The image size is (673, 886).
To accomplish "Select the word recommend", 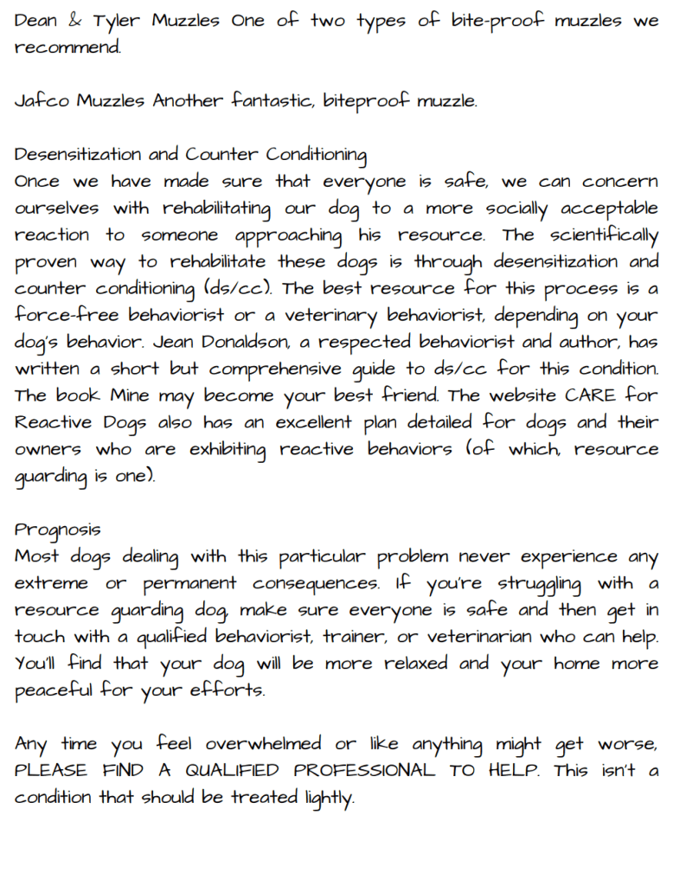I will pyautogui.click(x=66, y=48).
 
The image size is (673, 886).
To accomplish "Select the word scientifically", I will pyautogui.click(x=600, y=235).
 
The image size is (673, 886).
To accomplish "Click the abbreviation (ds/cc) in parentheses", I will pyautogui.click(x=238, y=289).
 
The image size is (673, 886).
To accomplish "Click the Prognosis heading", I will pyautogui.click(x=57, y=530).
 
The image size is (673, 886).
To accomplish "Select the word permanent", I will pyautogui.click(x=189, y=584).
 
